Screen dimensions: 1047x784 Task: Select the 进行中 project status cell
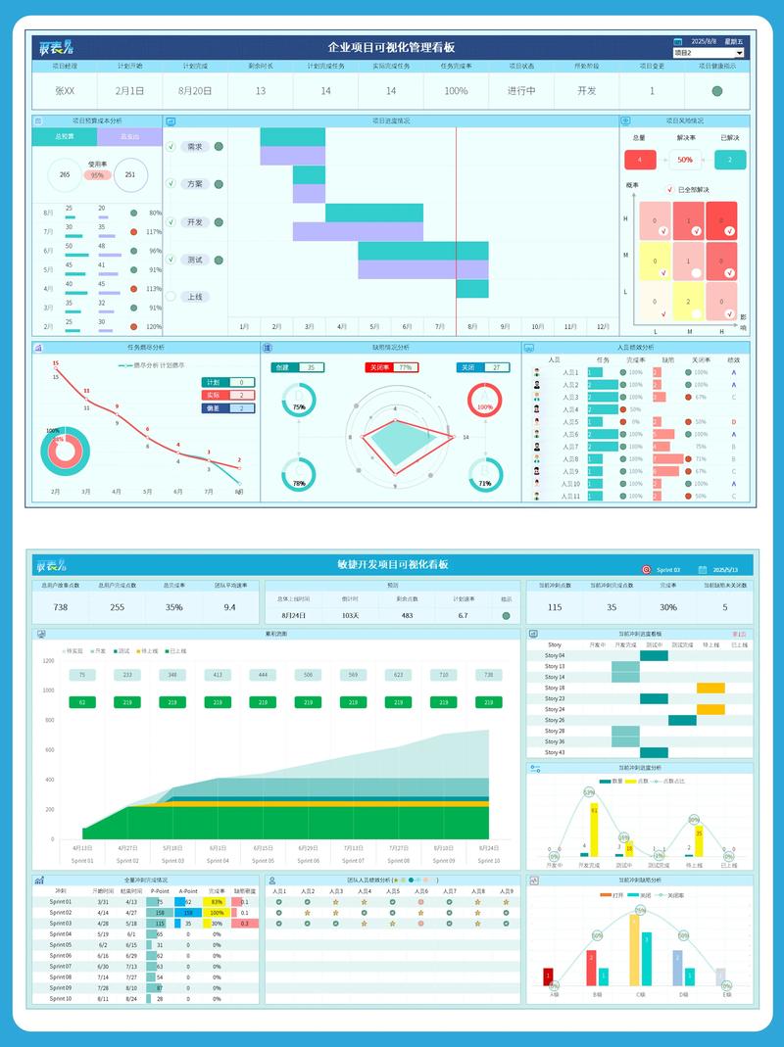pos(520,91)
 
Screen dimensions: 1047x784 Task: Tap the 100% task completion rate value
pos(456,91)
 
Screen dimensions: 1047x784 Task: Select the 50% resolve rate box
pos(685,160)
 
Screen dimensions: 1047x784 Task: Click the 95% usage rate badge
pos(97,175)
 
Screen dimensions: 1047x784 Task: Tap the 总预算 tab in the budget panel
pos(65,137)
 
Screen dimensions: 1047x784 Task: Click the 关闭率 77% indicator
pos(391,367)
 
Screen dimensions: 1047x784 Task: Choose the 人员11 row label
pos(569,497)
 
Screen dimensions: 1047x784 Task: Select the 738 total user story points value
pos(61,607)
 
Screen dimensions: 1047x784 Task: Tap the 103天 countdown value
pos(350,615)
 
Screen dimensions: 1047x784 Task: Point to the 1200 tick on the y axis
pos(48,660)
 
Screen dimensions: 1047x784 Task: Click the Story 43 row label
pos(555,752)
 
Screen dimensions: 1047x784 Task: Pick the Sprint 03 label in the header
pos(668,569)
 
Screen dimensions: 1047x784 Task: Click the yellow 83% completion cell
pos(214,901)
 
